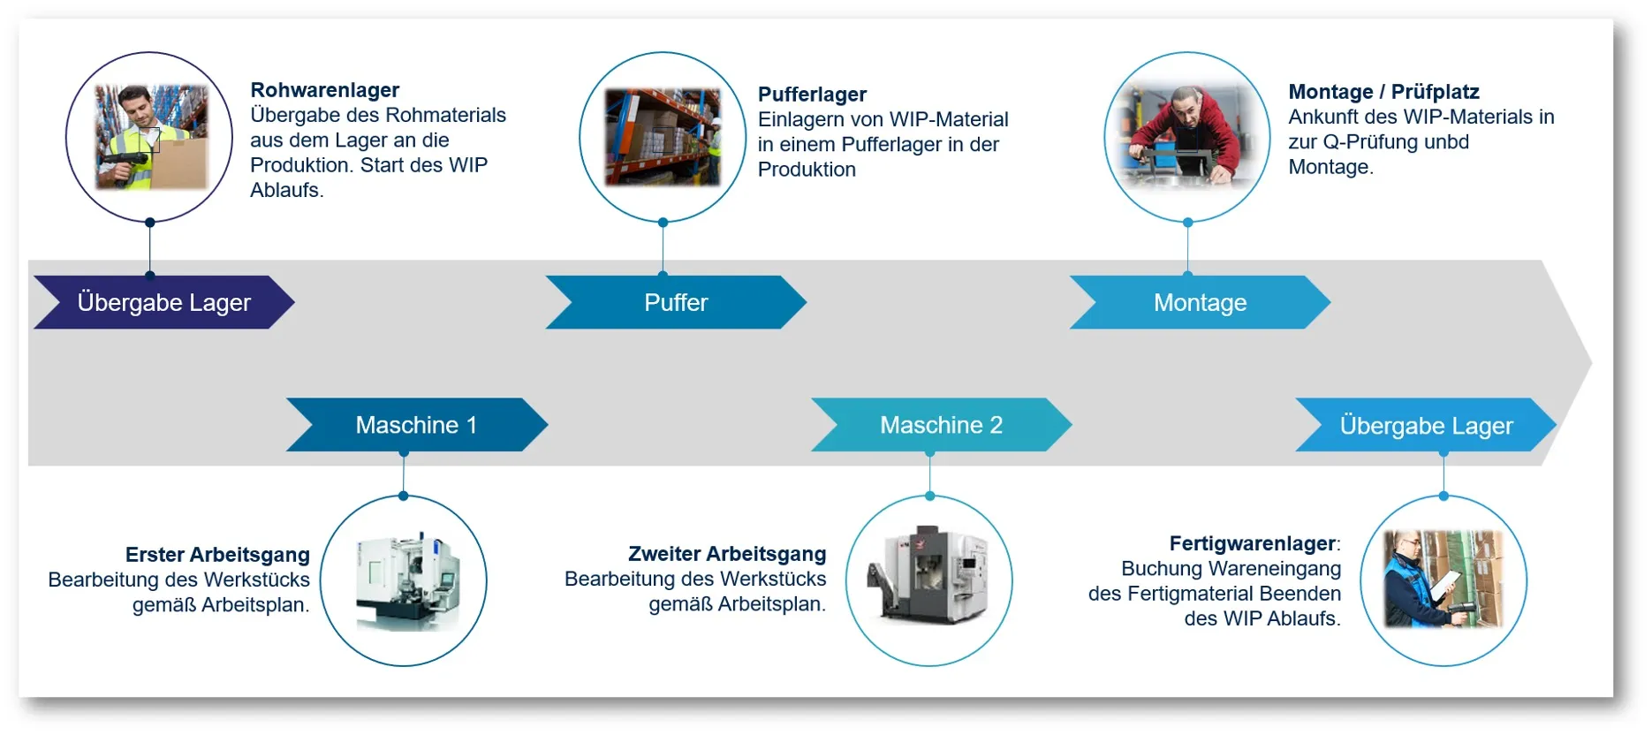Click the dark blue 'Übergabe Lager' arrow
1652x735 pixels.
164,302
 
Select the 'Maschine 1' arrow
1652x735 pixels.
416,425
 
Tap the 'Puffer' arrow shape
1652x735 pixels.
676,302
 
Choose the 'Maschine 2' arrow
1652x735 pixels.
942,425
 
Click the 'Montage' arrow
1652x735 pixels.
1200,302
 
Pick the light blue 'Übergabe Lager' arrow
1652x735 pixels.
1426,425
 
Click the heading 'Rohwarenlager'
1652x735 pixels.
325,90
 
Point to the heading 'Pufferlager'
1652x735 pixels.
812,95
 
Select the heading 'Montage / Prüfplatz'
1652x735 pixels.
1383,92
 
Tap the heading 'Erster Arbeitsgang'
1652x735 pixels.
217,555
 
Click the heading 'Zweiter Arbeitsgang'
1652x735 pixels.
727,554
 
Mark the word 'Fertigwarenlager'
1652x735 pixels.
1253,543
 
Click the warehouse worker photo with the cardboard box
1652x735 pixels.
151,137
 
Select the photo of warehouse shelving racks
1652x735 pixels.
663,137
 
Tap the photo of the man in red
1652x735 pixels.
1186,137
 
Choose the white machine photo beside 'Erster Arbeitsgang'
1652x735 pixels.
407,580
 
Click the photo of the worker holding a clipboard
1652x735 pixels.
1443,580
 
